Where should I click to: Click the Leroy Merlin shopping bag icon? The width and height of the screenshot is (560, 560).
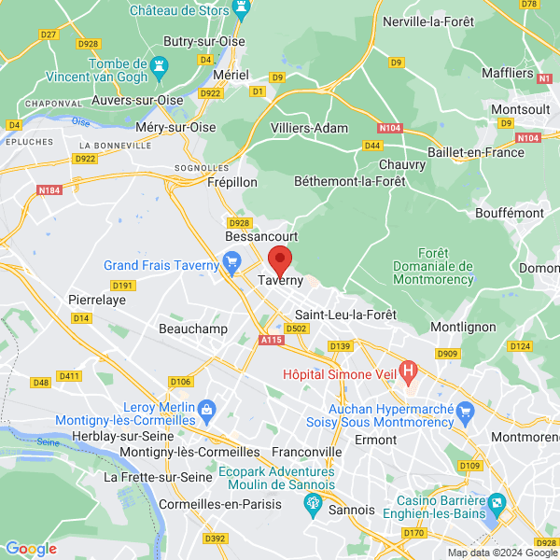(206, 408)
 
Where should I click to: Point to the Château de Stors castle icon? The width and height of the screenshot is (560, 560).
(243, 11)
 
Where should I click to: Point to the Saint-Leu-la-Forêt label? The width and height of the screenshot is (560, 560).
(345, 314)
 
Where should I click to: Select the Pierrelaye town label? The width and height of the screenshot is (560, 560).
(97, 300)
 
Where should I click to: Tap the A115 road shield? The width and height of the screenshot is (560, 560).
(271, 341)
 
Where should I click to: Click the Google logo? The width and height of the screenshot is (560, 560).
(31, 548)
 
